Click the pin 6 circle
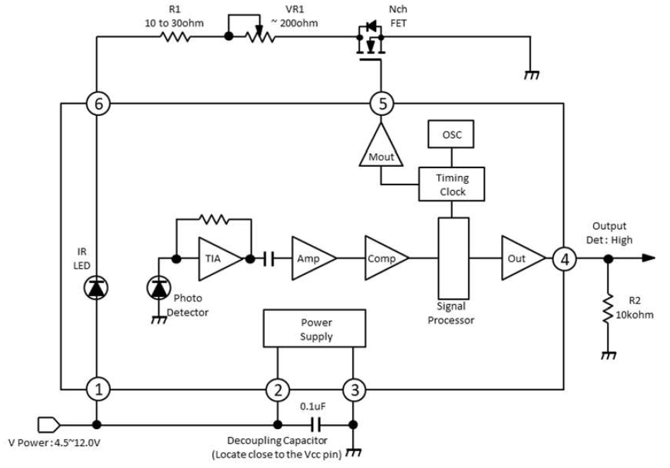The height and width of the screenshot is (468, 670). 98,105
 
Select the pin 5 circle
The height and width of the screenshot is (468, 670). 382,105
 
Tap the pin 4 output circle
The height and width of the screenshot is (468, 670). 564,259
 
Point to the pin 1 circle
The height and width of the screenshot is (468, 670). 98,388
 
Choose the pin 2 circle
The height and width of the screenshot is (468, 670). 276,388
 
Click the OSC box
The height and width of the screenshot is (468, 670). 452,134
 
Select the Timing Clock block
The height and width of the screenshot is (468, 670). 452,184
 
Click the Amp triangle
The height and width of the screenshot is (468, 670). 312,259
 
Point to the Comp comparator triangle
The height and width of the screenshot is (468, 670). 384,259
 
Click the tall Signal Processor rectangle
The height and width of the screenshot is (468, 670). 452,257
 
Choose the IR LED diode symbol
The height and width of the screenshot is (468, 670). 98,287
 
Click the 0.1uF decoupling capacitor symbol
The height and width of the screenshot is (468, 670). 315,425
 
